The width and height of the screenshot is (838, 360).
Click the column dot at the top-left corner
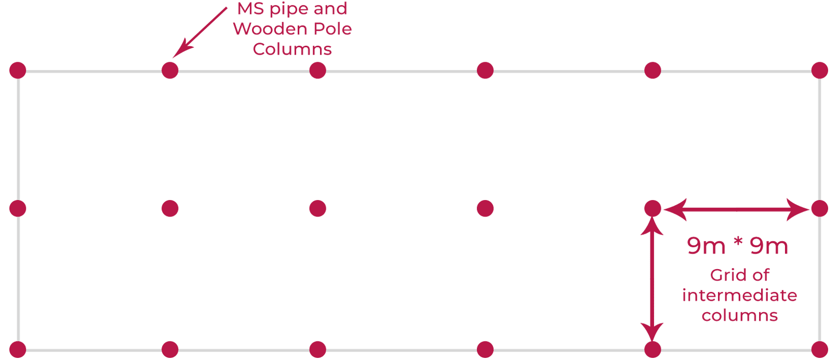click(18, 70)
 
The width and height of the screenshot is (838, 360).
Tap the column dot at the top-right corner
click(819, 70)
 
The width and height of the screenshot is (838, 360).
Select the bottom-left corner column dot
click(18, 350)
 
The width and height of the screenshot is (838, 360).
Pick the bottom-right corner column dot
click(819, 350)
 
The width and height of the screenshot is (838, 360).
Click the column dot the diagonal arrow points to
click(170, 70)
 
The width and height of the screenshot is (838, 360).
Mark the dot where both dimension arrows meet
click(653, 209)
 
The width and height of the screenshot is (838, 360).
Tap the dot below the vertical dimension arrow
click(653, 350)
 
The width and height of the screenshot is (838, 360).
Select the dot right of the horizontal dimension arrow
click(819, 209)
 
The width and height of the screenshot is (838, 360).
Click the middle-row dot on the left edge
click(18, 209)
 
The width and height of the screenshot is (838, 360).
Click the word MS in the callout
click(250, 9)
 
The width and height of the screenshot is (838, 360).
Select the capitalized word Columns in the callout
click(292, 49)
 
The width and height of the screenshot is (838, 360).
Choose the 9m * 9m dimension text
click(737, 246)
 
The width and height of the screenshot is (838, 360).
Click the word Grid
click(726, 275)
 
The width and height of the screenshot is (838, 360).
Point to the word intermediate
click(739, 295)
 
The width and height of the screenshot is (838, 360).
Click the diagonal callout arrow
click(199, 31)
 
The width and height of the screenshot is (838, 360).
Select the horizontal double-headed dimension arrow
click(736, 209)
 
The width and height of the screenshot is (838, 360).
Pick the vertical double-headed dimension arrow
click(652, 279)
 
